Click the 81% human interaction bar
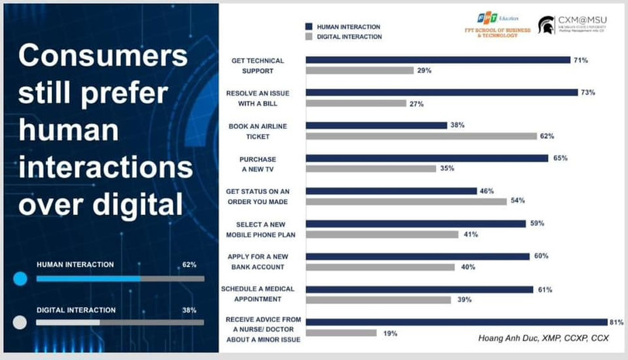[x=457, y=322]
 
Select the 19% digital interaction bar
[x=341, y=333]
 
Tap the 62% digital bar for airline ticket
[x=421, y=136]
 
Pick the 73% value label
[x=588, y=92]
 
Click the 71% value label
[x=580, y=60]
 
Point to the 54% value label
[x=517, y=200]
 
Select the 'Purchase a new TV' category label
[x=248, y=163]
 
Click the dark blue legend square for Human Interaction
[x=309, y=26]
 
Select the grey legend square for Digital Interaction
[x=309, y=36]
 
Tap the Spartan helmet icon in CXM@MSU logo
[x=546, y=26]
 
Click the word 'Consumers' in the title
[x=102, y=57]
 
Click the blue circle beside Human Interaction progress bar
[x=20, y=278]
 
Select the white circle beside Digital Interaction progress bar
[x=20, y=322]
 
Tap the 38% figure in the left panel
[x=188, y=310]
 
